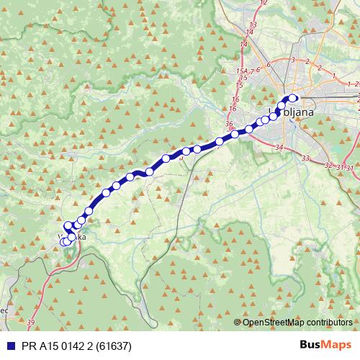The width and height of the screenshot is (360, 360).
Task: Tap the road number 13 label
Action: (x=253, y=24)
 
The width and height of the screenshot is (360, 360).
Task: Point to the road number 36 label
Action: (x=229, y=124)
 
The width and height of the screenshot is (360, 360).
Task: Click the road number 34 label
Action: (x=279, y=148)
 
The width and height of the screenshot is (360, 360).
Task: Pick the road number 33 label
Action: (x=306, y=158)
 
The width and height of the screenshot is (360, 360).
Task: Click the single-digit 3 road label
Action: (x=293, y=60)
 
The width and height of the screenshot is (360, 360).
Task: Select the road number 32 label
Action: (x=328, y=165)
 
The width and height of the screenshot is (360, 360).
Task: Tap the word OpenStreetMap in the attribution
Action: (x=271, y=323)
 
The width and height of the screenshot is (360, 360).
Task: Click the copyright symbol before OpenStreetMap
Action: (x=238, y=323)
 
